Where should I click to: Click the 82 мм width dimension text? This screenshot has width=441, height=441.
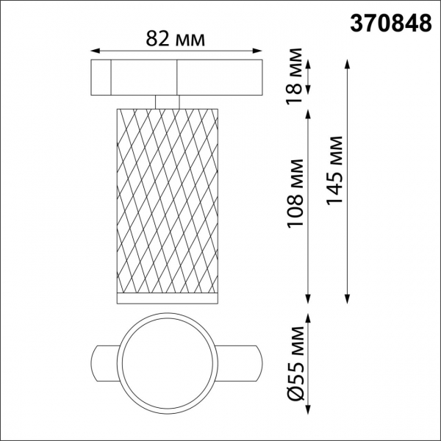click(176, 37)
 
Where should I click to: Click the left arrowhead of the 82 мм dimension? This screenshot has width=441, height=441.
click(94, 51)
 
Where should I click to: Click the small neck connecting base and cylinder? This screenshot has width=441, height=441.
click(168, 101)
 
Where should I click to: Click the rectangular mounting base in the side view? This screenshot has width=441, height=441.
click(176, 76)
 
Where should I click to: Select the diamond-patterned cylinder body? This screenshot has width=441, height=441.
click(168, 198)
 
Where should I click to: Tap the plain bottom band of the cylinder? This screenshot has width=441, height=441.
click(168, 298)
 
